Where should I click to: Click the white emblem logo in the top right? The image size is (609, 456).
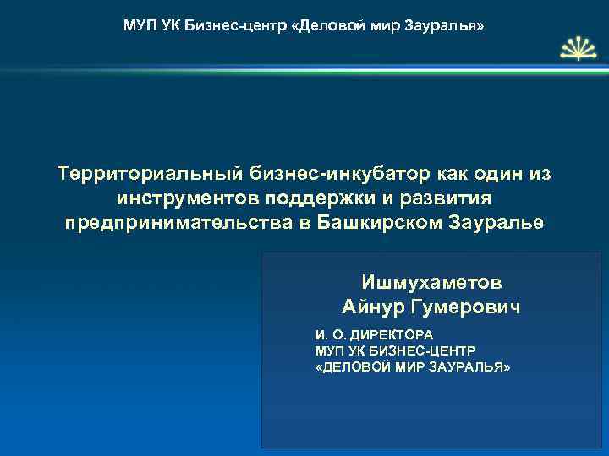(574, 52)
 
